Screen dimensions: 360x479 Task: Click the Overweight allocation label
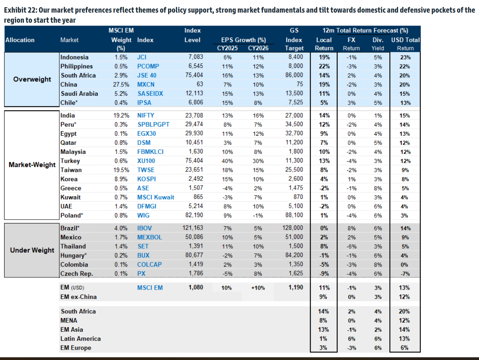pos(32,79)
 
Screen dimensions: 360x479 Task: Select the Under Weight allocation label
pos(32,250)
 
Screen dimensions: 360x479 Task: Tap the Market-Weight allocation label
pos(32,165)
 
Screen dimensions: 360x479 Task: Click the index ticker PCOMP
pos(148,66)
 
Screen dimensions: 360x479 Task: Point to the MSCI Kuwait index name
pos(156,197)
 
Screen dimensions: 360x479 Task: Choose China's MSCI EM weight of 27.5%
pos(121,85)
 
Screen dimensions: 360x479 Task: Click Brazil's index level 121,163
pos(193,228)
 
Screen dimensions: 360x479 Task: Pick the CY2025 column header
pos(227,48)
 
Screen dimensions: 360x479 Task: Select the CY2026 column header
pos(258,48)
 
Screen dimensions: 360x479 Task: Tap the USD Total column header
pos(405,40)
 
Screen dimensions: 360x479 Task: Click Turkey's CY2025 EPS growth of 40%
pos(227,161)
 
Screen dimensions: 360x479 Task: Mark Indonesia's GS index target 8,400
pos(295,57)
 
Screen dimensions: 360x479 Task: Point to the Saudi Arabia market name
pos(79,94)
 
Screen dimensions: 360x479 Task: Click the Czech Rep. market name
pos(77,274)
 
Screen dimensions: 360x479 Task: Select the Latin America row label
pos(81,339)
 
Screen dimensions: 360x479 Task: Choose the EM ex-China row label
pos(79,297)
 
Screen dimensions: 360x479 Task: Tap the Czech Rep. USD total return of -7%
pos(405,274)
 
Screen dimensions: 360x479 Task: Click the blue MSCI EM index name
pos(150,288)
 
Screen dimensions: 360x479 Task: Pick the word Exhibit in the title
pos(15,10)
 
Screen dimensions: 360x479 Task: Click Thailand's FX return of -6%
pos(351,246)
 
